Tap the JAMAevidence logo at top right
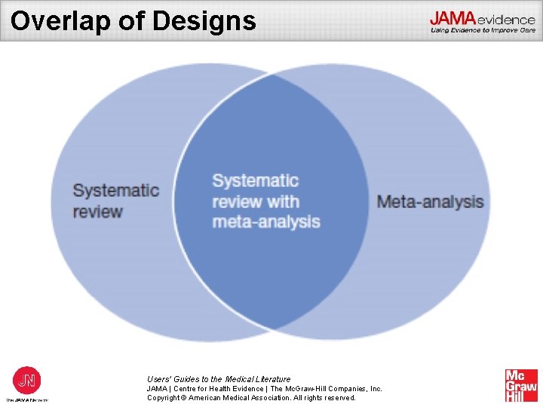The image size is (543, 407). click(x=483, y=18)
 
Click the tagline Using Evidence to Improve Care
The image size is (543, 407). click(x=483, y=31)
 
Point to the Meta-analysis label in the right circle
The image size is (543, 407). click(x=430, y=201)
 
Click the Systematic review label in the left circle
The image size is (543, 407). click(x=115, y=200)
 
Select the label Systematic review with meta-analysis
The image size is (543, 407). click(x=265, y=201)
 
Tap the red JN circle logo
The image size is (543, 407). click(x=27, y=378)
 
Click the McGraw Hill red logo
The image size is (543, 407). click(x=521, y=385)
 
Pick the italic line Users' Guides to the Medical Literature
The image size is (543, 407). click(x=219, y=379)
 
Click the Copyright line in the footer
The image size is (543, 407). click(x=251, y=397)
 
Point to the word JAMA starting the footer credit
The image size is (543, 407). click(x=157, y=388)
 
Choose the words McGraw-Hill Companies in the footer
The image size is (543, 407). click(x=327, y=388)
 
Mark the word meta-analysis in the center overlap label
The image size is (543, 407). click(x=265, y=222)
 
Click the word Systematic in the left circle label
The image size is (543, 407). click(x=115, y=190)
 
